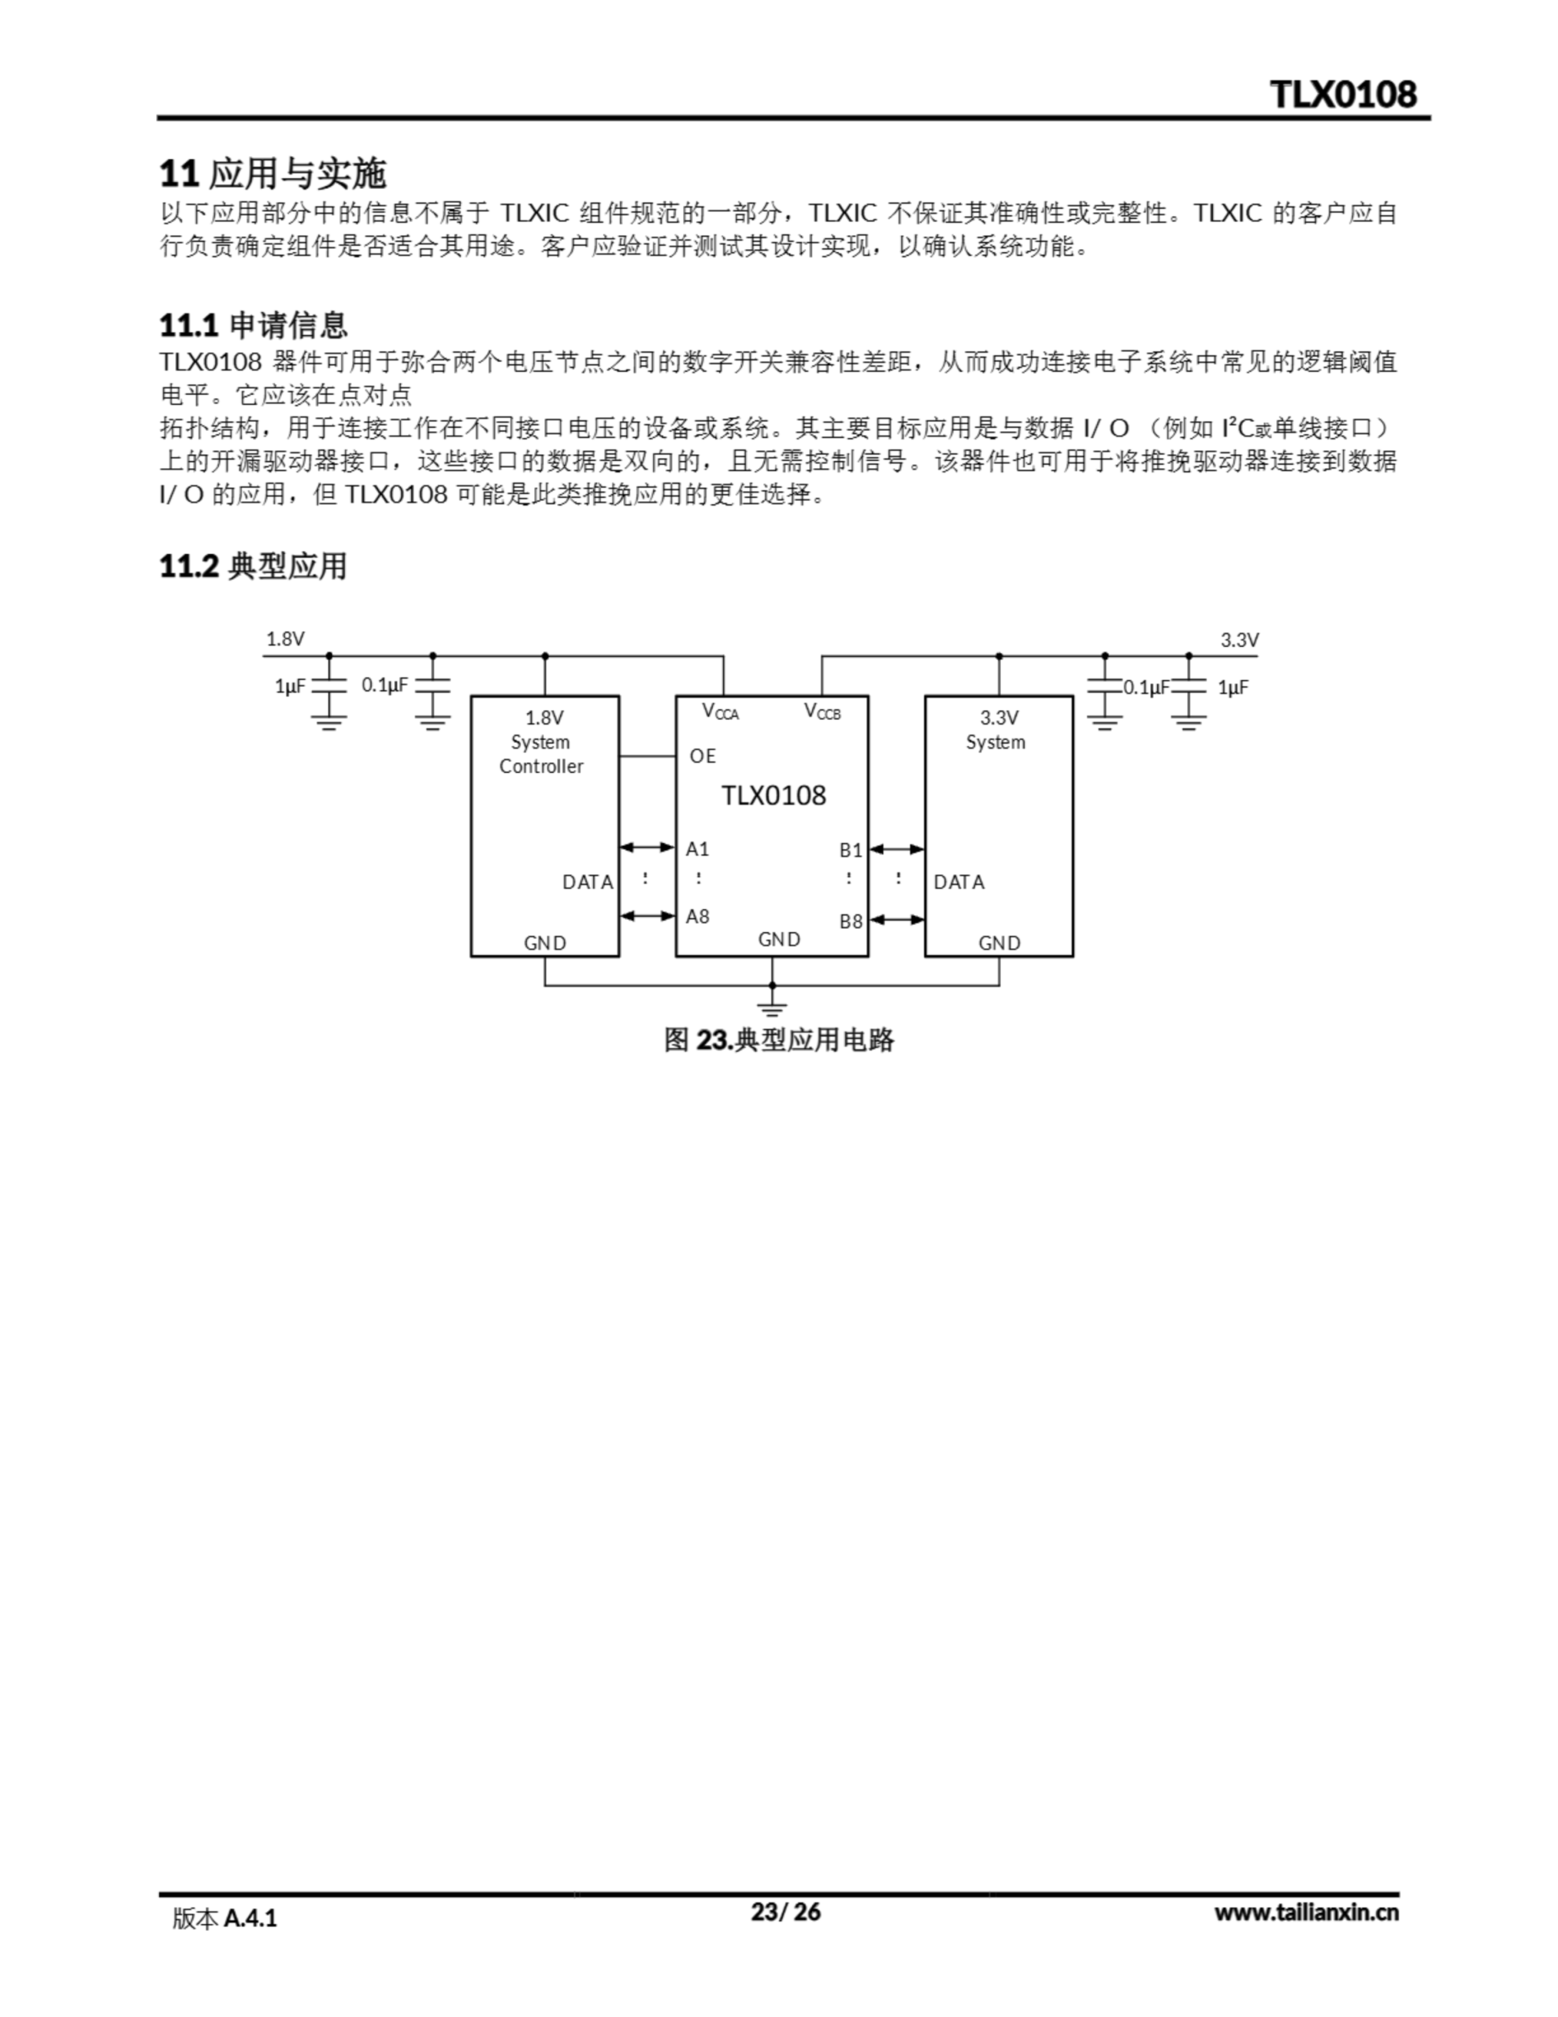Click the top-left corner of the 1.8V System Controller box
pyautogui.click(x=472, y=696)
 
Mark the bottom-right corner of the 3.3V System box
pyautogui.click(x=1072, y=956)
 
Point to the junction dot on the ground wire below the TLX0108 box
pyautogui.click(x=772, y=986)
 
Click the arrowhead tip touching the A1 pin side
pyautogui.click(x=675, y=847)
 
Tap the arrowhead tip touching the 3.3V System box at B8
pyautogui.click(x=925, y=919)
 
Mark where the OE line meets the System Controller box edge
pyautogui.click(x=619, y=756)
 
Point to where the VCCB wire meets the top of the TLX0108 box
pyautogui.click(x=822, y=696)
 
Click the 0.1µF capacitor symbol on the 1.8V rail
pyautogui.click(x=433, y=686)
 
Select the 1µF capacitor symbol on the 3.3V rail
pyautogui.click(x=1189, y=686)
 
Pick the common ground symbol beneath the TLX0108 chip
pyautogui.click(x=772, y=1007)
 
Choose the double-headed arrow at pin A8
pyautogui.click(x=647, y=916)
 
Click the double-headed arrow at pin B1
pyautogui.click(x=896, y=849)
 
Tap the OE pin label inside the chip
pyautogui.click(x=703, y=756)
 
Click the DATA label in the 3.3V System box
pyautogui.click(x=959, y=882)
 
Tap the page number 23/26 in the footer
pyautogui.click(x=786, y=1911)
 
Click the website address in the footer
pyautogui.click(x=1306, y=1913)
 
